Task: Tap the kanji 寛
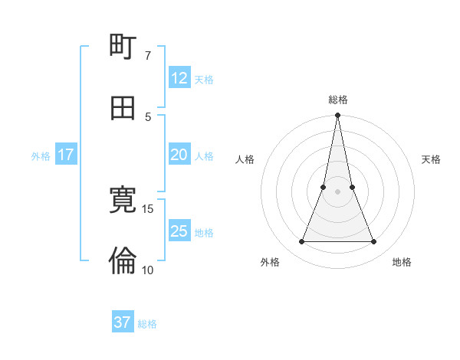123,200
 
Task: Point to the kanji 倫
123,261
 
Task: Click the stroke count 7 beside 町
148,55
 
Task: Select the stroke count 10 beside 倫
148,270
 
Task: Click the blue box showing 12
179,78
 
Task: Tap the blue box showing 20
179,155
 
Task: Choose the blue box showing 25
179,231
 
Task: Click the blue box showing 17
65,155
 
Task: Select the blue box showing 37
123,322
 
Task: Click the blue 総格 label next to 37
147,324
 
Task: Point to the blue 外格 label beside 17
41,156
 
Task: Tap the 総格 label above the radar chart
338,100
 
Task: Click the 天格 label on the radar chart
432,159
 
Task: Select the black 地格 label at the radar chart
402,262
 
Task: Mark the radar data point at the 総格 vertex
337,116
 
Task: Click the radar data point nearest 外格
301,242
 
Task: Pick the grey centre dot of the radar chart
337,191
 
